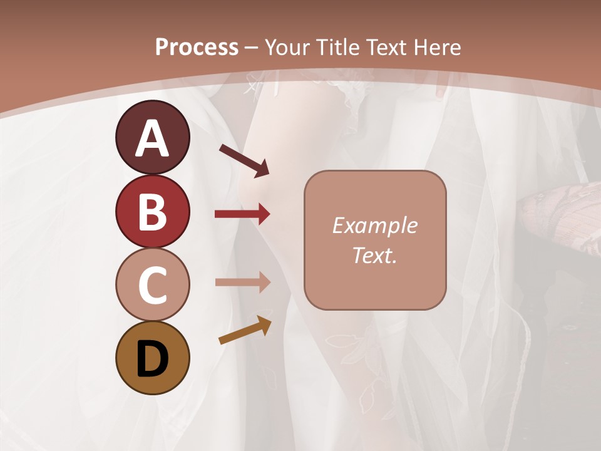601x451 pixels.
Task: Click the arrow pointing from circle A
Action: coord(244,159)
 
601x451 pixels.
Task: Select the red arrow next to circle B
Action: coord(242,214)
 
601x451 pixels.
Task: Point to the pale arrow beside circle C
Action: coord(242,282)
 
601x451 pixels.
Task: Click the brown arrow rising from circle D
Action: coord(245,331)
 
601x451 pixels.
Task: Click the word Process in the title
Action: coord(197,47)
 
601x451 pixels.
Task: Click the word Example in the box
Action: coord(374,225)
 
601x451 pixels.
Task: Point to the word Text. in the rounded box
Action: coord(374,255)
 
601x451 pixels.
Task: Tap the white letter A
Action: coord(152,138)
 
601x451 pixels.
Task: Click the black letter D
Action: coord(152,360)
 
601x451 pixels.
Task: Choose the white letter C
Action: coord(152,286)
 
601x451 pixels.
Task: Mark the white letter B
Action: coord(152,212)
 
